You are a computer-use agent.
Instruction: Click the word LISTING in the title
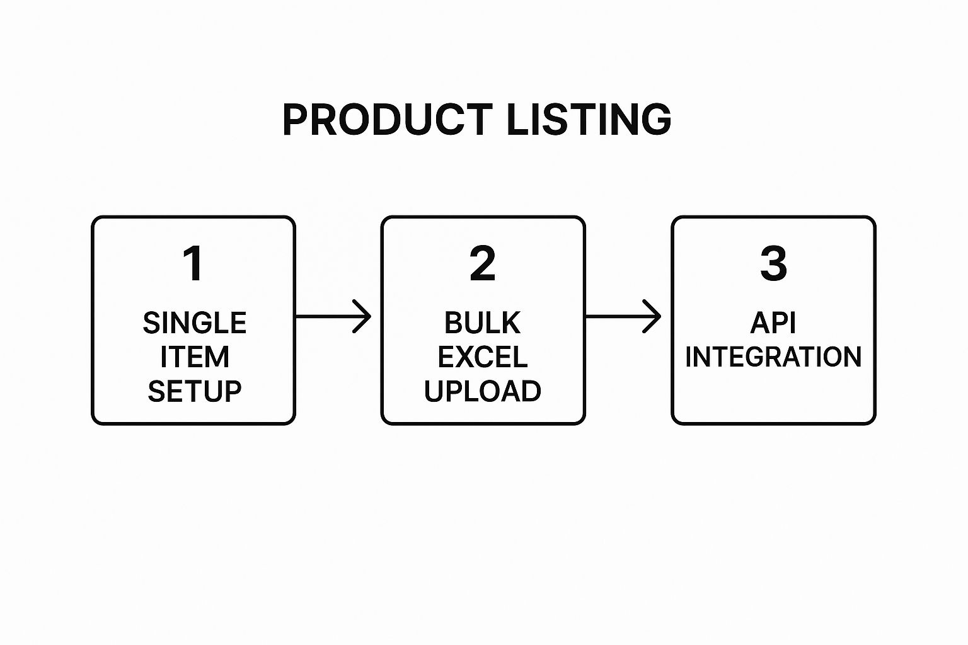589,119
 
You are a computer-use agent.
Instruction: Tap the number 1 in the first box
193,264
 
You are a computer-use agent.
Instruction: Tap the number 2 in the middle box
483,264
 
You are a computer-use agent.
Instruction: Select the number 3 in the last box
773,264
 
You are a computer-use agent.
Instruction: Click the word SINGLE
194,323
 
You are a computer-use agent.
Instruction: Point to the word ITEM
194,357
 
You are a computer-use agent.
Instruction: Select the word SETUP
194,391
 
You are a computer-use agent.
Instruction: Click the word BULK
483,323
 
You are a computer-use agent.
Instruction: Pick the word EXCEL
483,357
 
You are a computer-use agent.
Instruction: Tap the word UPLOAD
483,391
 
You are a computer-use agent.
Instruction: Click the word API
773,323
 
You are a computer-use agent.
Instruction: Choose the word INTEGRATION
773,357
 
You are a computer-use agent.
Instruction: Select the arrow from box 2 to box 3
623,316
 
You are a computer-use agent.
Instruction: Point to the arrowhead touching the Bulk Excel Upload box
363,316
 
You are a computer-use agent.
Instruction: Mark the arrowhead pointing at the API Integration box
653,316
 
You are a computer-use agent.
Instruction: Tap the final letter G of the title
656,119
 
